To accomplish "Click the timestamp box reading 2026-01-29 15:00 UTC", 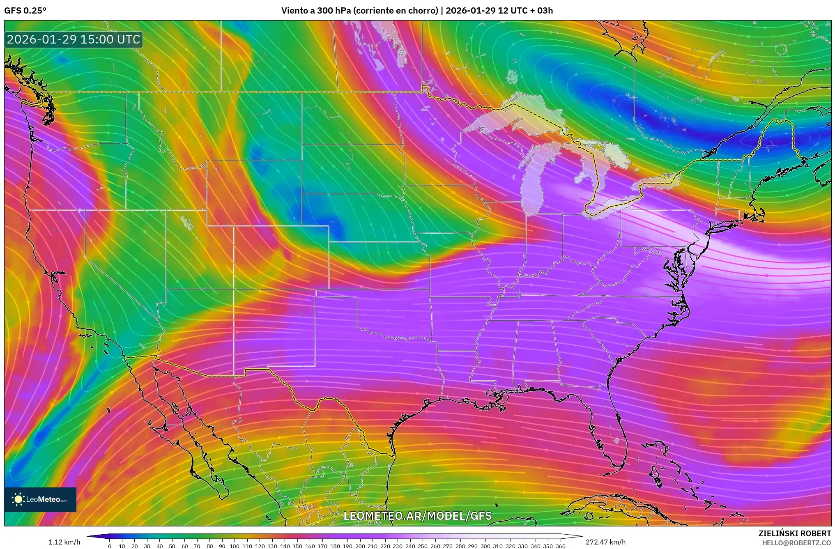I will point(74,39).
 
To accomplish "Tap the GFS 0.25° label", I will point(25,11).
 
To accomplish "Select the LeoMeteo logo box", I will point(40,499).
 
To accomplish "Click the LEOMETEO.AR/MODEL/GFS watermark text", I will point(417,516).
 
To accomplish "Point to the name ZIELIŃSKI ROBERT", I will point(794,533).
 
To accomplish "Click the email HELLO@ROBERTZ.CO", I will point(796,543).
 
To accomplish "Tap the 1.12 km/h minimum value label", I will point(64,542).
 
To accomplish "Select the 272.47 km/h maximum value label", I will point(605,542).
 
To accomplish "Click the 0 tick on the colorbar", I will point(110,546).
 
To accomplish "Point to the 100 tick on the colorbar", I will point(235,546).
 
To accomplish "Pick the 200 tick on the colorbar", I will point(360,546).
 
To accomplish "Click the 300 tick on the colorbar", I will point(485,546).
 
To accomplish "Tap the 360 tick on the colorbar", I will point(560,546).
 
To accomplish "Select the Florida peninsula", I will point(608,427).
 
